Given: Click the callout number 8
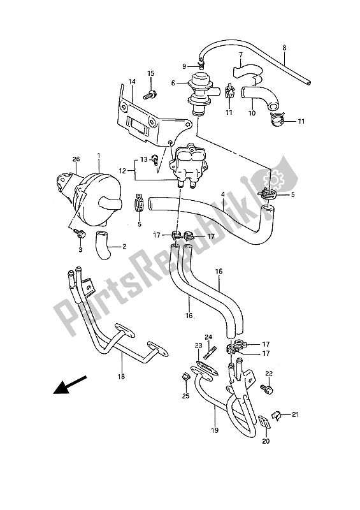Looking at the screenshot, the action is pyautogui.click(x=284, y=48).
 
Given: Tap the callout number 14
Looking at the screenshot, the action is pyautogui.click(x=131, y=82).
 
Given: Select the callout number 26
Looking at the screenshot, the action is pyautogui.click(x=76, y=159).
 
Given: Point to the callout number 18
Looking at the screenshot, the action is pyautogui.click(x=122, y=377).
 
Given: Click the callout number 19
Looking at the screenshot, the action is pyautogui.click(x=215, y=430).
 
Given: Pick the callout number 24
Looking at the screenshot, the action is pyautogui.click(x=208, y=337).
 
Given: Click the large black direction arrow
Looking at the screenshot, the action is pyautogui.click(x=70, y=385).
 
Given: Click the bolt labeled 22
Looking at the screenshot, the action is pyautogui.click(x=267, y=389).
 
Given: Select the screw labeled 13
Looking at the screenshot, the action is pyautogui.click(x=155, y=159).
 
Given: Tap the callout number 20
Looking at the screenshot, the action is pyautogui.click(x=266, y=441).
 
